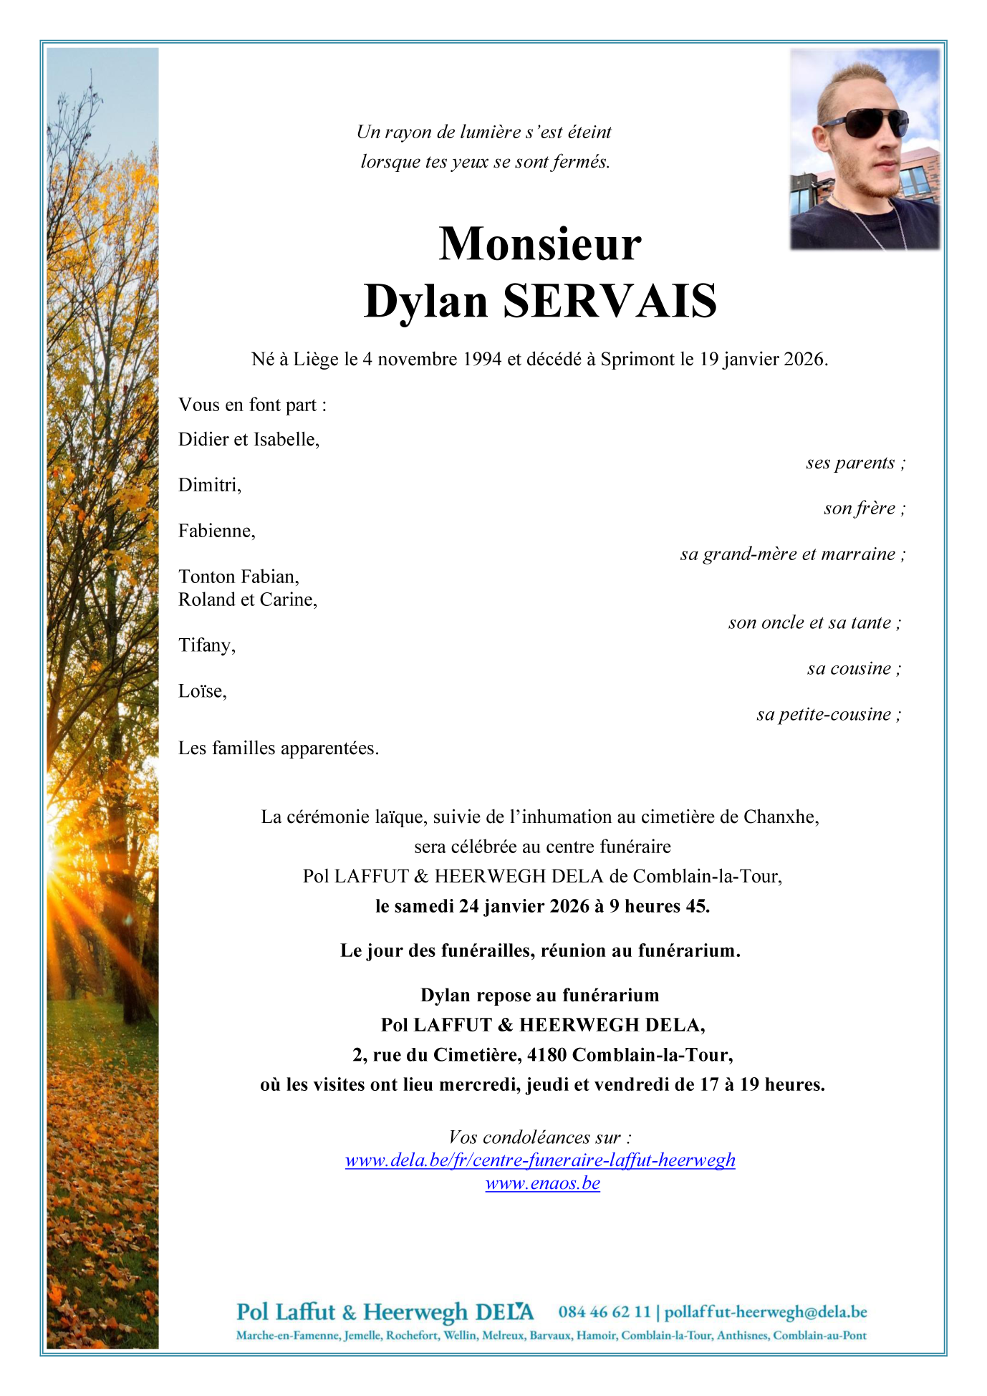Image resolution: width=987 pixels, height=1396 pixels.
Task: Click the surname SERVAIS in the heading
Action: [x=610, y=302]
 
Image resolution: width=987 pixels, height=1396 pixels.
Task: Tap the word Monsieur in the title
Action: [x=540, y=244]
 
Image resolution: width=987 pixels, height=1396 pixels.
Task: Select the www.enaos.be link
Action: [x=542, y=1183]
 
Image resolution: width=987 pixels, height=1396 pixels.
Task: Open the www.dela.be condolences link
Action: [x=540, y=1160]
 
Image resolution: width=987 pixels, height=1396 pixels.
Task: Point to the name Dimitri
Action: [x=210, y=486]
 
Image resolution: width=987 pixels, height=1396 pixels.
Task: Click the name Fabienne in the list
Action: [x=216, y=531]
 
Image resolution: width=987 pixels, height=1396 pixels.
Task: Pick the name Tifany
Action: [x=207, y=645]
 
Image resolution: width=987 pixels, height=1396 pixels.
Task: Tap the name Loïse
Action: [x=203, y=691]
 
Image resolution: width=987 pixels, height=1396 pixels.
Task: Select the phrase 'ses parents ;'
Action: [x=855, y=463]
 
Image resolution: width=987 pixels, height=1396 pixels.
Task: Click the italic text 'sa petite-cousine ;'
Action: [x=829, y=714]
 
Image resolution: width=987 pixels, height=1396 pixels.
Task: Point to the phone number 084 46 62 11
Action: [x=605, y=1312]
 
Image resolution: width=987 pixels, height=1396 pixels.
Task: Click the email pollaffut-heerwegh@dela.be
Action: [x=766, y=1312]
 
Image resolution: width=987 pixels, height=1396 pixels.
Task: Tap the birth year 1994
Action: [x=482, y=359]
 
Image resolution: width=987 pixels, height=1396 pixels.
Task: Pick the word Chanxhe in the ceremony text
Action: [x=781, y=817]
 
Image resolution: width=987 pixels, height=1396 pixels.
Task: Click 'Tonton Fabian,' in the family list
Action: [x=239, y=577]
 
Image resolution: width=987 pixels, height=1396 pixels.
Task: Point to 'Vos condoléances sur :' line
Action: [x=540, y=1137]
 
